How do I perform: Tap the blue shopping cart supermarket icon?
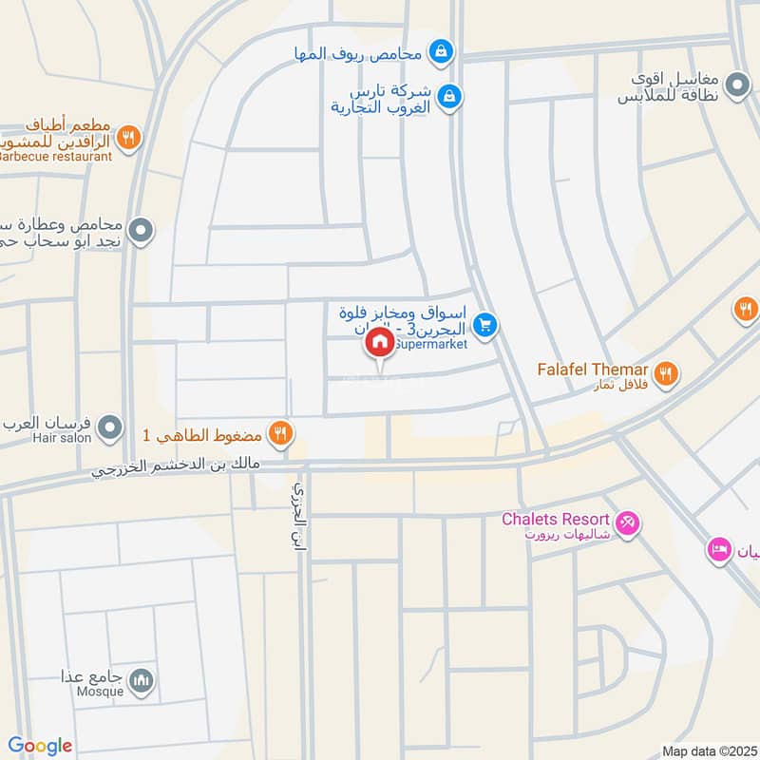click(485, 326)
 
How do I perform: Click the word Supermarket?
click(429, 345)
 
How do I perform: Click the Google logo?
click(39, 746)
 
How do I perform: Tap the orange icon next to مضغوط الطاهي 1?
click(279, 434)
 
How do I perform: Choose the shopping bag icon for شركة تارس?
click(452, 95)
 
